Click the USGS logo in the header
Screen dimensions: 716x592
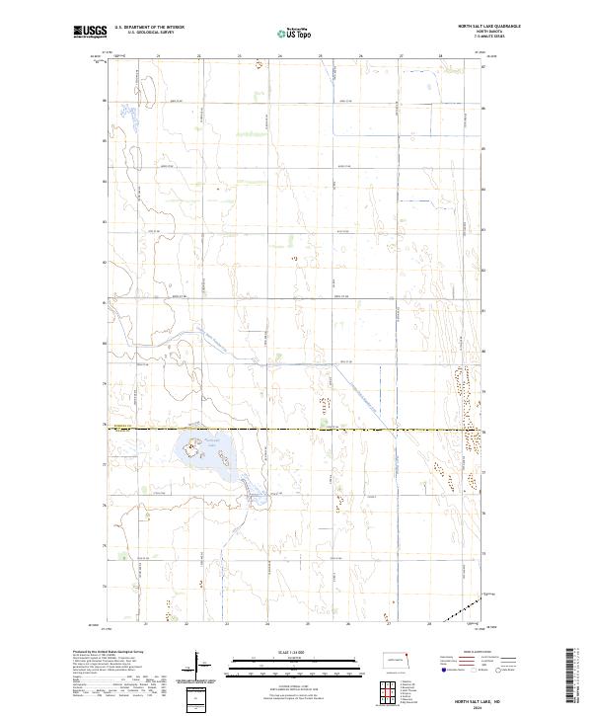(91, 32)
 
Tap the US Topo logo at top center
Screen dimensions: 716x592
(294, 33)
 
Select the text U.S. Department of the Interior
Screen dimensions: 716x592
(149, 27)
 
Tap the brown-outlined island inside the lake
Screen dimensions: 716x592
(224, 457)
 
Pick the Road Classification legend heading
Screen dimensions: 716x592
(477, 653)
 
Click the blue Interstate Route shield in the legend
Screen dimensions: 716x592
(443, 670)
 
